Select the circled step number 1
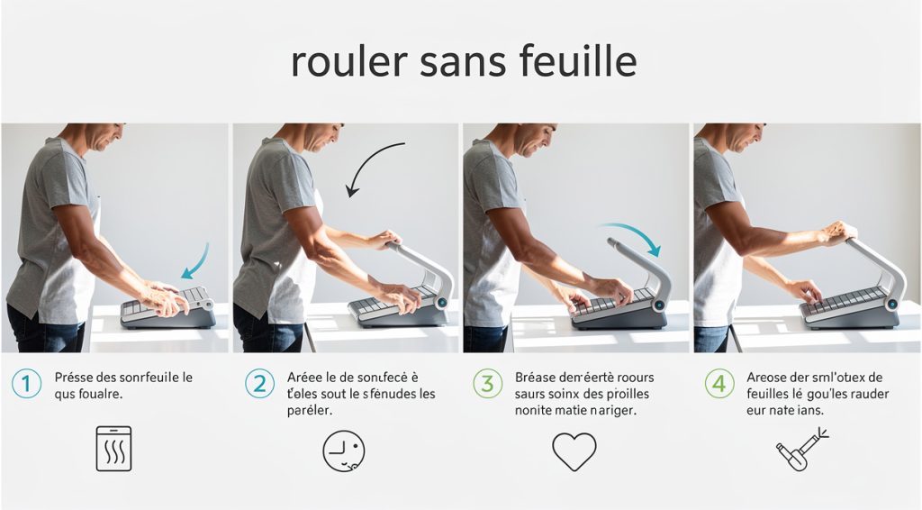point(26,384)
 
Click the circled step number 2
point(259,384)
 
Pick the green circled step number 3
point(487,384)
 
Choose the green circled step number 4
point(719,384)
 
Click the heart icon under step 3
point(574,451)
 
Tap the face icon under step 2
point(344,451)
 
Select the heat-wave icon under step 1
point(113,449)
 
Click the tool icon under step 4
point(800,449)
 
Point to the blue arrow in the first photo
point(195,261)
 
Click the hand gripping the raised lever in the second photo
point(384,239)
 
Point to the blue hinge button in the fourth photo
point(893,305)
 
